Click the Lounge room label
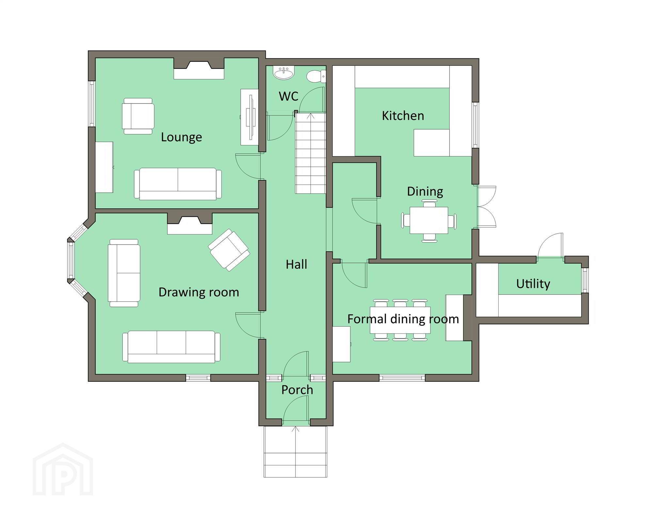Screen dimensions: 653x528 181,137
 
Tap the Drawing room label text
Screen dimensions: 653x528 199,292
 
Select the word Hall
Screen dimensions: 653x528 296,264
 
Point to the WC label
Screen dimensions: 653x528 289,96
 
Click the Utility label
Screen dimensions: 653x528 533,284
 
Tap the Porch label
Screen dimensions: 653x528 297,390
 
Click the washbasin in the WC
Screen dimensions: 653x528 284,72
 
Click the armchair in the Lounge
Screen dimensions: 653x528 138,116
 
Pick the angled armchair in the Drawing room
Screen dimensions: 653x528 229,250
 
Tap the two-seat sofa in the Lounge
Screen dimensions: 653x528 178,184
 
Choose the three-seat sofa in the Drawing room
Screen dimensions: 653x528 171,346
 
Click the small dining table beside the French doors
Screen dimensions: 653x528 429,220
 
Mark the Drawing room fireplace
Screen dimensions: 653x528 190,224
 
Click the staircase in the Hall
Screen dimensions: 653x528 311,153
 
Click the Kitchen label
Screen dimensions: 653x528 403,116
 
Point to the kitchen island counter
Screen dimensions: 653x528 432,143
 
